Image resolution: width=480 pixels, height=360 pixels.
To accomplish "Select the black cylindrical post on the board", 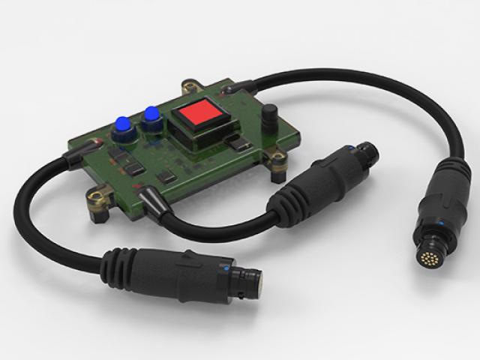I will coord(268,116).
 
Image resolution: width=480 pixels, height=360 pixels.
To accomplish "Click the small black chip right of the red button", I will coord(237,142).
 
